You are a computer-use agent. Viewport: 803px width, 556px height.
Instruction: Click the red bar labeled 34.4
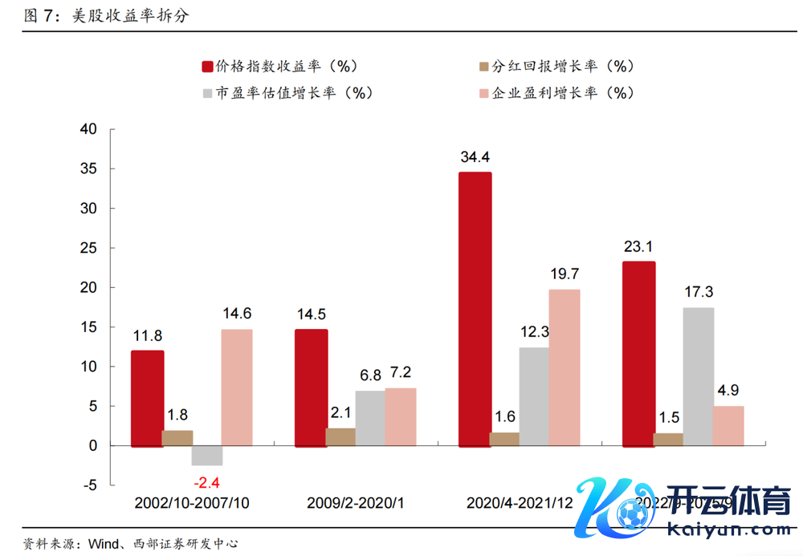coord(475,309)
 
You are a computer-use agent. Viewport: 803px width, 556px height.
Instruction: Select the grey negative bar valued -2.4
coord(206,455)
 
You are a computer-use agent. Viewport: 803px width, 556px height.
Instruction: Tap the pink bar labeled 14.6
coord(237,387)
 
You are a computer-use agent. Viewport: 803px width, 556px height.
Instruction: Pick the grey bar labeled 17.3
coord(699,376)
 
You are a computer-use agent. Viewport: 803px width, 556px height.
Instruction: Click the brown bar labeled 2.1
coord(340,436)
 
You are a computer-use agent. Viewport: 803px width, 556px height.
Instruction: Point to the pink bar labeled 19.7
coord(565,367)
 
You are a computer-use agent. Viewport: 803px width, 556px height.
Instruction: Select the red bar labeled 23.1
coord(639,353)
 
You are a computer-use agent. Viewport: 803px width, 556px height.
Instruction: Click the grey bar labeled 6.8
coord(370,417)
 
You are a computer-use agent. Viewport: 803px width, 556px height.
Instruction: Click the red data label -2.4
coord(207,482)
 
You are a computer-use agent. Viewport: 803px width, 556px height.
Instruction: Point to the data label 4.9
coord(729,391)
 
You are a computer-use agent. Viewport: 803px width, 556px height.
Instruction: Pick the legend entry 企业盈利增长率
coord(555,92)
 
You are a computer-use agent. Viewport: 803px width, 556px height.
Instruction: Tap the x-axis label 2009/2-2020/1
coord(355,503)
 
